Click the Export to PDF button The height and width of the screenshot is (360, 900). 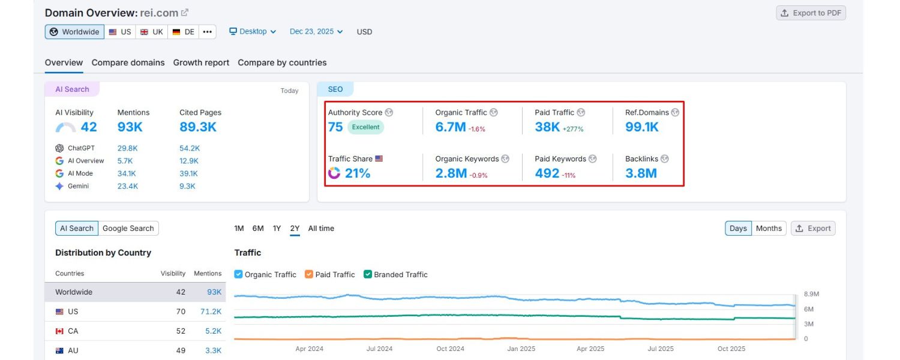[811, 13]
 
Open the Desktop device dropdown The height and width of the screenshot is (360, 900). [253, 32]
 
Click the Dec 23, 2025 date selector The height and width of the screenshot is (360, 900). [316, 32]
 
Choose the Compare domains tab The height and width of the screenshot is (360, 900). [128, 62]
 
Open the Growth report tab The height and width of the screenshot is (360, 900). [201, 62]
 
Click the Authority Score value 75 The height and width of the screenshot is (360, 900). [335, 127]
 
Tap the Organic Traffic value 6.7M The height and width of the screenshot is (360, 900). [451, 127]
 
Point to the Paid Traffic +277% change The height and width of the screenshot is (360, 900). [573, 129]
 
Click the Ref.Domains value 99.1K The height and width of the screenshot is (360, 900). [641, 127]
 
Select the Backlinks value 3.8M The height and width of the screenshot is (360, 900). [641, 173]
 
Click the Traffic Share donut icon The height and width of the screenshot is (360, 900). [334, 173]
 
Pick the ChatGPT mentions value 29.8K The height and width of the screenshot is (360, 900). [127, 148]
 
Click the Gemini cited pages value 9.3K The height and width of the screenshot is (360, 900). [187, 186]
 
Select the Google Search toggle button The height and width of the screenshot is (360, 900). [128, 229]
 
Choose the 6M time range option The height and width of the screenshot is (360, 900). [258, 229]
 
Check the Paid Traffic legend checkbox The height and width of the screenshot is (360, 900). [309, 274]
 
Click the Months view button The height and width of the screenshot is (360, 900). [769, 229]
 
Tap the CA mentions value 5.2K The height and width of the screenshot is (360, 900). [213, 331]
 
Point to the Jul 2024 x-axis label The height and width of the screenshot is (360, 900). [379, 349]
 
